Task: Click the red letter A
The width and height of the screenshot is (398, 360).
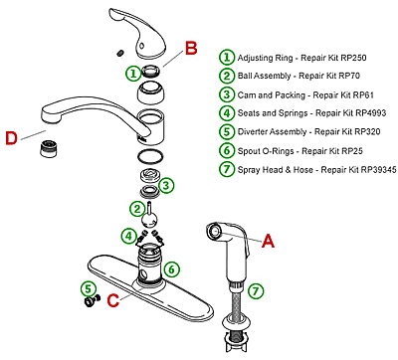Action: click(267, 239)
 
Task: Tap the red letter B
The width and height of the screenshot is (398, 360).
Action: click(191, 47)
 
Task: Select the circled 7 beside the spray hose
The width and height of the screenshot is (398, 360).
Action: click(256, 291)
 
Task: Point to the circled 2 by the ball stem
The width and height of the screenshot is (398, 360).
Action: click(136, 207)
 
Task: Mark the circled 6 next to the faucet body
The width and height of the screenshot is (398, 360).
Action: click(171, 268)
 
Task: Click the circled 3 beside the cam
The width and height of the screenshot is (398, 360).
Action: click(166, 185)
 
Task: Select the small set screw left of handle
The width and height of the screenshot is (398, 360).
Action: click(119, 52)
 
